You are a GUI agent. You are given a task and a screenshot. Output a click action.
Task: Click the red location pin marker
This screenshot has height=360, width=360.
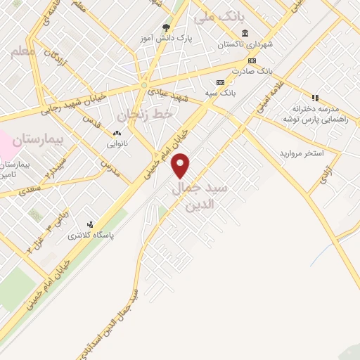click(x=181, y=166)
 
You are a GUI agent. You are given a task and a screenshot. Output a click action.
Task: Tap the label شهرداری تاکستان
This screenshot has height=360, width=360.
click(x=244, y=44)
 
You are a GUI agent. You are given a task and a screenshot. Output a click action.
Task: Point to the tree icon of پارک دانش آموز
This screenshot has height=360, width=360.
click(x=166, y=27)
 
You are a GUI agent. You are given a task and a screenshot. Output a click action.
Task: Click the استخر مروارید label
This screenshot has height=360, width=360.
click(x=301, y=153)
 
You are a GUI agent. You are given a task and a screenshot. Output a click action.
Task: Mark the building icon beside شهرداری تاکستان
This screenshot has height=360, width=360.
click(x=244, y=33)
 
